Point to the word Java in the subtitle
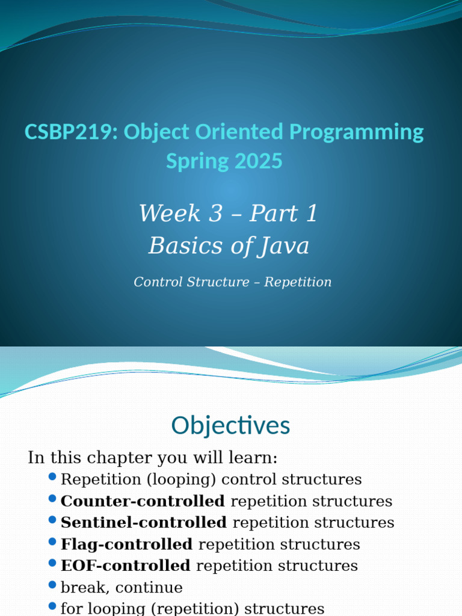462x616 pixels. pyautogui.click(x=285, y=245)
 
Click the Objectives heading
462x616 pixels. pyautogui.click(x=230, y=425)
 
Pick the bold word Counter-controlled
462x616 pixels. pyautogui.click(x=143, y=501)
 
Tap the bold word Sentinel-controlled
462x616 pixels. pyautogui.click(x=144, y=523)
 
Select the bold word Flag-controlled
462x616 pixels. pyautogui.click(x=126, y=544)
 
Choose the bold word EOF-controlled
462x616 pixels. pyautogui.click(x=125, y=566)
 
